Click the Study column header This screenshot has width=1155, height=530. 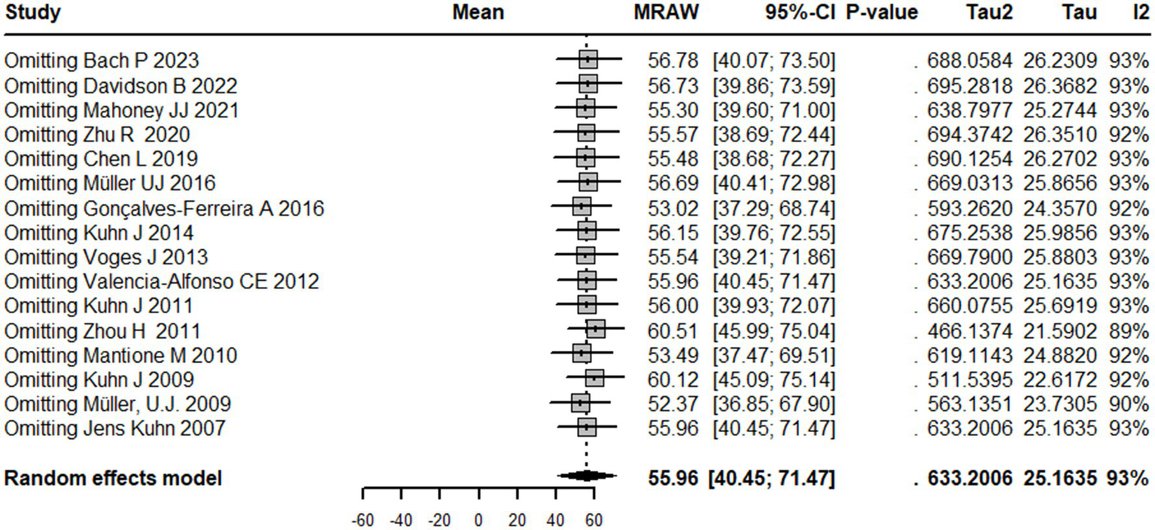[x=33, y=13]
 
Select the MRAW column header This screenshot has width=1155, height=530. [x=667, y=13]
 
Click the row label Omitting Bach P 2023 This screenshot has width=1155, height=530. [x=102, y=60]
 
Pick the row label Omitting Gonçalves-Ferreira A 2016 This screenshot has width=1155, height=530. [x=164, y=209]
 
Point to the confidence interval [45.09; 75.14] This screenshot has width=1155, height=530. [x=774, y=380]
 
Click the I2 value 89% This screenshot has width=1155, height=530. [x=1128, y=331]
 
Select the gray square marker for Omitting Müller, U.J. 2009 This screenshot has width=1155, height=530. [x=580, y=404]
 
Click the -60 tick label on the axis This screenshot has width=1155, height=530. [x=363, y=520]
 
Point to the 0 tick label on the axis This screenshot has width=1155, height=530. [x=478, y=520]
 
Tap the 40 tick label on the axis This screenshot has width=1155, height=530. [x=555, y=520]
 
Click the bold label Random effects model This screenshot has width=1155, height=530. [x=113, y=478]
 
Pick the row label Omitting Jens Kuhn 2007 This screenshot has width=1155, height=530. [x=114, y=430]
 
